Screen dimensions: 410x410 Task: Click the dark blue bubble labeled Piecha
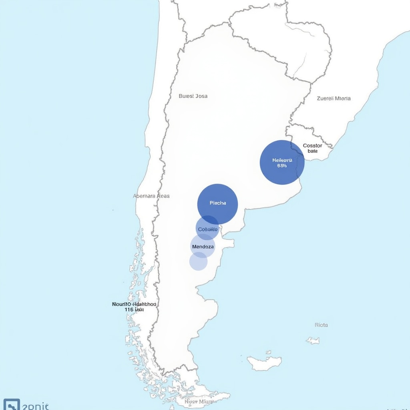[217, 204]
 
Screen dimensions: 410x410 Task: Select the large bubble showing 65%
[282, 162]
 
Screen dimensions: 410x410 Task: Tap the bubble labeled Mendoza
[203, 247]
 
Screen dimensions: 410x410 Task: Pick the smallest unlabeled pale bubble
[198, 261]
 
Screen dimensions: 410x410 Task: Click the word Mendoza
[203, 247]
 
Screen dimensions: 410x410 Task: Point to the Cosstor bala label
[312, 149]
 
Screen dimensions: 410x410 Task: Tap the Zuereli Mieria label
[334, 98]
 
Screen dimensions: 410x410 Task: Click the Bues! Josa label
[193, 96]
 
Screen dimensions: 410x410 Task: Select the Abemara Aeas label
[151, 196]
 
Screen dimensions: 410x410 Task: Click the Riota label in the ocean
[321, 325]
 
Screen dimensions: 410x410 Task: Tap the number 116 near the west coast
[129, 310]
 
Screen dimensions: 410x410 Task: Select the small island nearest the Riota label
[313, 341]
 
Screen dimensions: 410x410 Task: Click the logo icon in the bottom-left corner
[11, 404]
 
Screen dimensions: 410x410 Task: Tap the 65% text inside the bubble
[282, 165]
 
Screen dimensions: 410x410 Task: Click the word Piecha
[218, 203]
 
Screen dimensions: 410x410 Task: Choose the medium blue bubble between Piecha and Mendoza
[207, 228]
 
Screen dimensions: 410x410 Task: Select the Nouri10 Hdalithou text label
[134, 304]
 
